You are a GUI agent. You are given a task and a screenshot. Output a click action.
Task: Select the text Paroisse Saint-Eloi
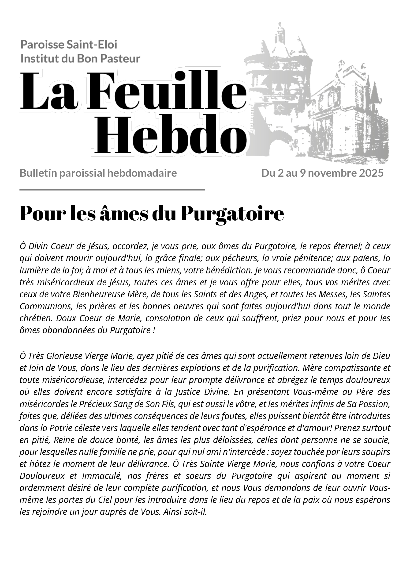(69, 45)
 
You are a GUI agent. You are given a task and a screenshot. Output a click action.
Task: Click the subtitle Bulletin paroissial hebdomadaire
(98, 173)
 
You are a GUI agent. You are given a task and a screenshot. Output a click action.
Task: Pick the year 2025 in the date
(371, 173)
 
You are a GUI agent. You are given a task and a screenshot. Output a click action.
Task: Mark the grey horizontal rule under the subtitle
(112, 189)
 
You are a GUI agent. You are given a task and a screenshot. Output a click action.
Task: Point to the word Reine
(65, 440)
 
